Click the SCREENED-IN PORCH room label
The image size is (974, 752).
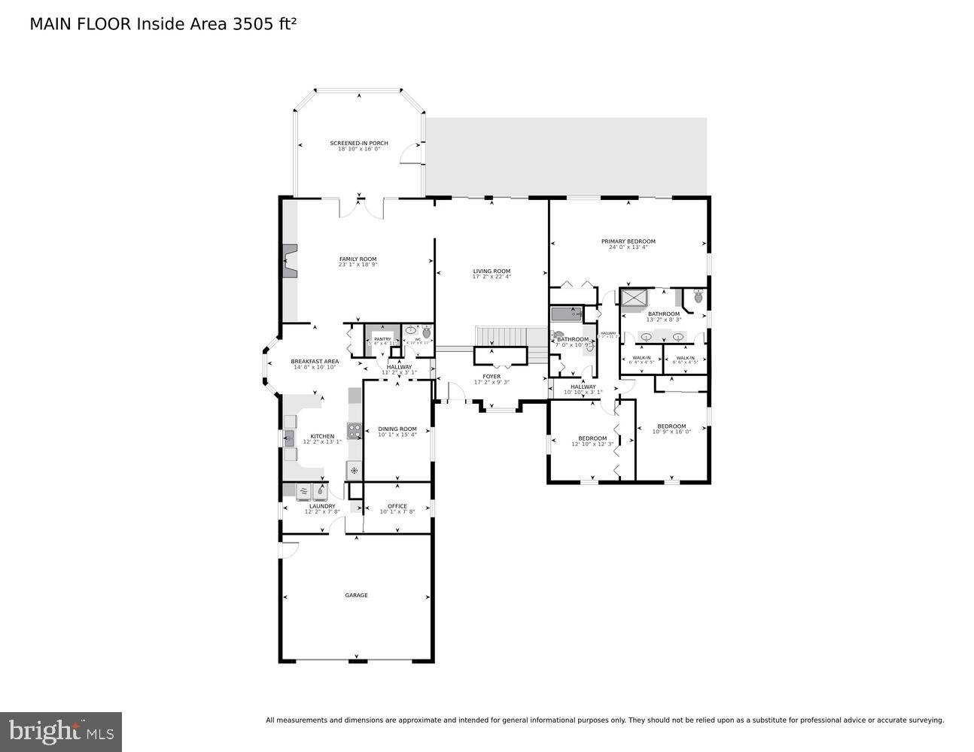358,143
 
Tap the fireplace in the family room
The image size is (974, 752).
290,262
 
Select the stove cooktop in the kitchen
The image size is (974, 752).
354,431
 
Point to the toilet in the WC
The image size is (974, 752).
426,332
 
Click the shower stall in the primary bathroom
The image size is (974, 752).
634,298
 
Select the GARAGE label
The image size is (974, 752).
356,595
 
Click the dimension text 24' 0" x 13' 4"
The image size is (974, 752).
628,247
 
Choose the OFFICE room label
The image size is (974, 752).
397,506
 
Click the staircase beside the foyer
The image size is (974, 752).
501,335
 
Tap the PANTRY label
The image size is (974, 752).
382,339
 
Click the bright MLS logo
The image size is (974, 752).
61,731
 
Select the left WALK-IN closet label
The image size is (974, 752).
641,358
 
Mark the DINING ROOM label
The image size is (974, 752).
397,429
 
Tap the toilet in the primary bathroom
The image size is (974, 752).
698,297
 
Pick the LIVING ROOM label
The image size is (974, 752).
492,271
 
